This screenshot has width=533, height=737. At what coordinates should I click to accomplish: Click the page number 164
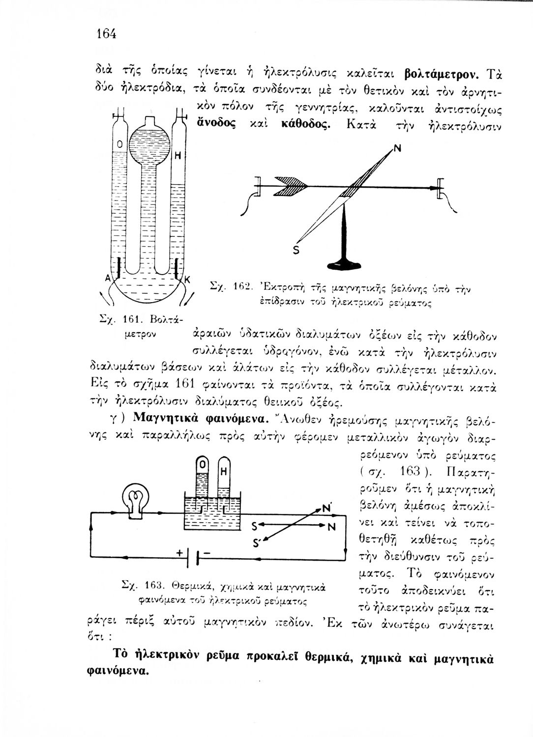tap(106, 34)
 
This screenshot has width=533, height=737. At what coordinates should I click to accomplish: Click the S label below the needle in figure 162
tap(296, 250)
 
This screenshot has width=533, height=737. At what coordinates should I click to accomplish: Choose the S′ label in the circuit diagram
tap(257, 544)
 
